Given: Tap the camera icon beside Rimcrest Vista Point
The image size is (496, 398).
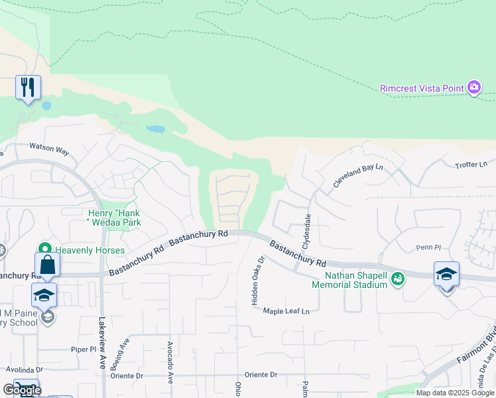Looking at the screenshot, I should point(473,87).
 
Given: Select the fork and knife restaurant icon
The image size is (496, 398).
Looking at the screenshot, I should point(28,87).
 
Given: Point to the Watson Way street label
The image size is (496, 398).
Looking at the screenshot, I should point(49,150).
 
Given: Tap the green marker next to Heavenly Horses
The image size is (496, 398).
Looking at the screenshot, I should point(46,250).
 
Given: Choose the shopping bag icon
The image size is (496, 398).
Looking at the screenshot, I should point(48,265).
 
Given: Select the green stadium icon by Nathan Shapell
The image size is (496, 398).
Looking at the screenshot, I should point(398,279).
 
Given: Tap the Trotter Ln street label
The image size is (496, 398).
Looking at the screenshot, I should point(471,165).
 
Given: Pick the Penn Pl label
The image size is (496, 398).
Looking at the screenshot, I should point(428,247).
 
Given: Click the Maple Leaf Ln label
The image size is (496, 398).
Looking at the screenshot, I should point(286,311).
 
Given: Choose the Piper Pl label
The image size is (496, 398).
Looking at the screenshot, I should point(84,349).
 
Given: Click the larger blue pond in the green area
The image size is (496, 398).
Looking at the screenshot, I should point(156,129).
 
